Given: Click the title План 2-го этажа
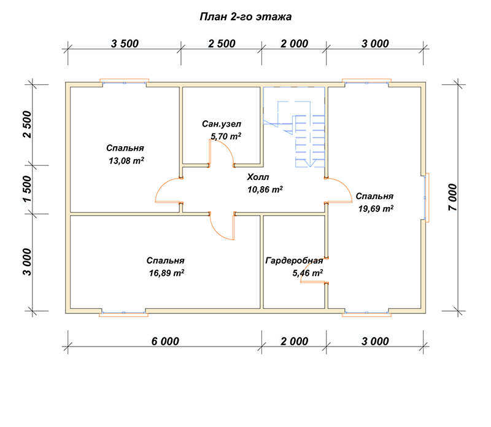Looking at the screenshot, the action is pyautogui.click(x=245, y=17).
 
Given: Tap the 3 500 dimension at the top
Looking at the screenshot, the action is pyautogui.click(x=125, y=44).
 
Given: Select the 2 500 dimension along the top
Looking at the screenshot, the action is pyautogui.click(x=222, y=44).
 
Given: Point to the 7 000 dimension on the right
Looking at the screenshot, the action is pyautogui.click(x=453, y=197).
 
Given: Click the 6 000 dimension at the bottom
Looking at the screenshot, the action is pyautogui.click(x=165, y=341).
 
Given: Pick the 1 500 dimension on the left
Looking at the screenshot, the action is pyautogui.click(x=27, y=189).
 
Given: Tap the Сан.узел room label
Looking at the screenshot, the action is pyautogui.click(x=222, y=124).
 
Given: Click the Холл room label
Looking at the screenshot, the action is pyautogui.click(x=258, y=177).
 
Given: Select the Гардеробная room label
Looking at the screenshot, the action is pyautogui.click(x=294, y=261).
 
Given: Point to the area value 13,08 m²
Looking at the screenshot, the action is pyautogui.click(x=126, y=161).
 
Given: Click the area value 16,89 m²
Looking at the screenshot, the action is pyautogui.click(x=166, y=273).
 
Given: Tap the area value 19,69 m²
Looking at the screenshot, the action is pyautogui.click(x=376, y=208).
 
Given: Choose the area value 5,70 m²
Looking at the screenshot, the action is pyautogui.click(x=226, y=136).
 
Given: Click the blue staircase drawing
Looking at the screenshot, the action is pyautogui.click(x=294, y=127).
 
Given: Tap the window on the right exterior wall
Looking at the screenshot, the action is pyautogui.click(x=427, y=197).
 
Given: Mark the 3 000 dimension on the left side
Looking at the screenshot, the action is pyautogui.click(x=27, y=262).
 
